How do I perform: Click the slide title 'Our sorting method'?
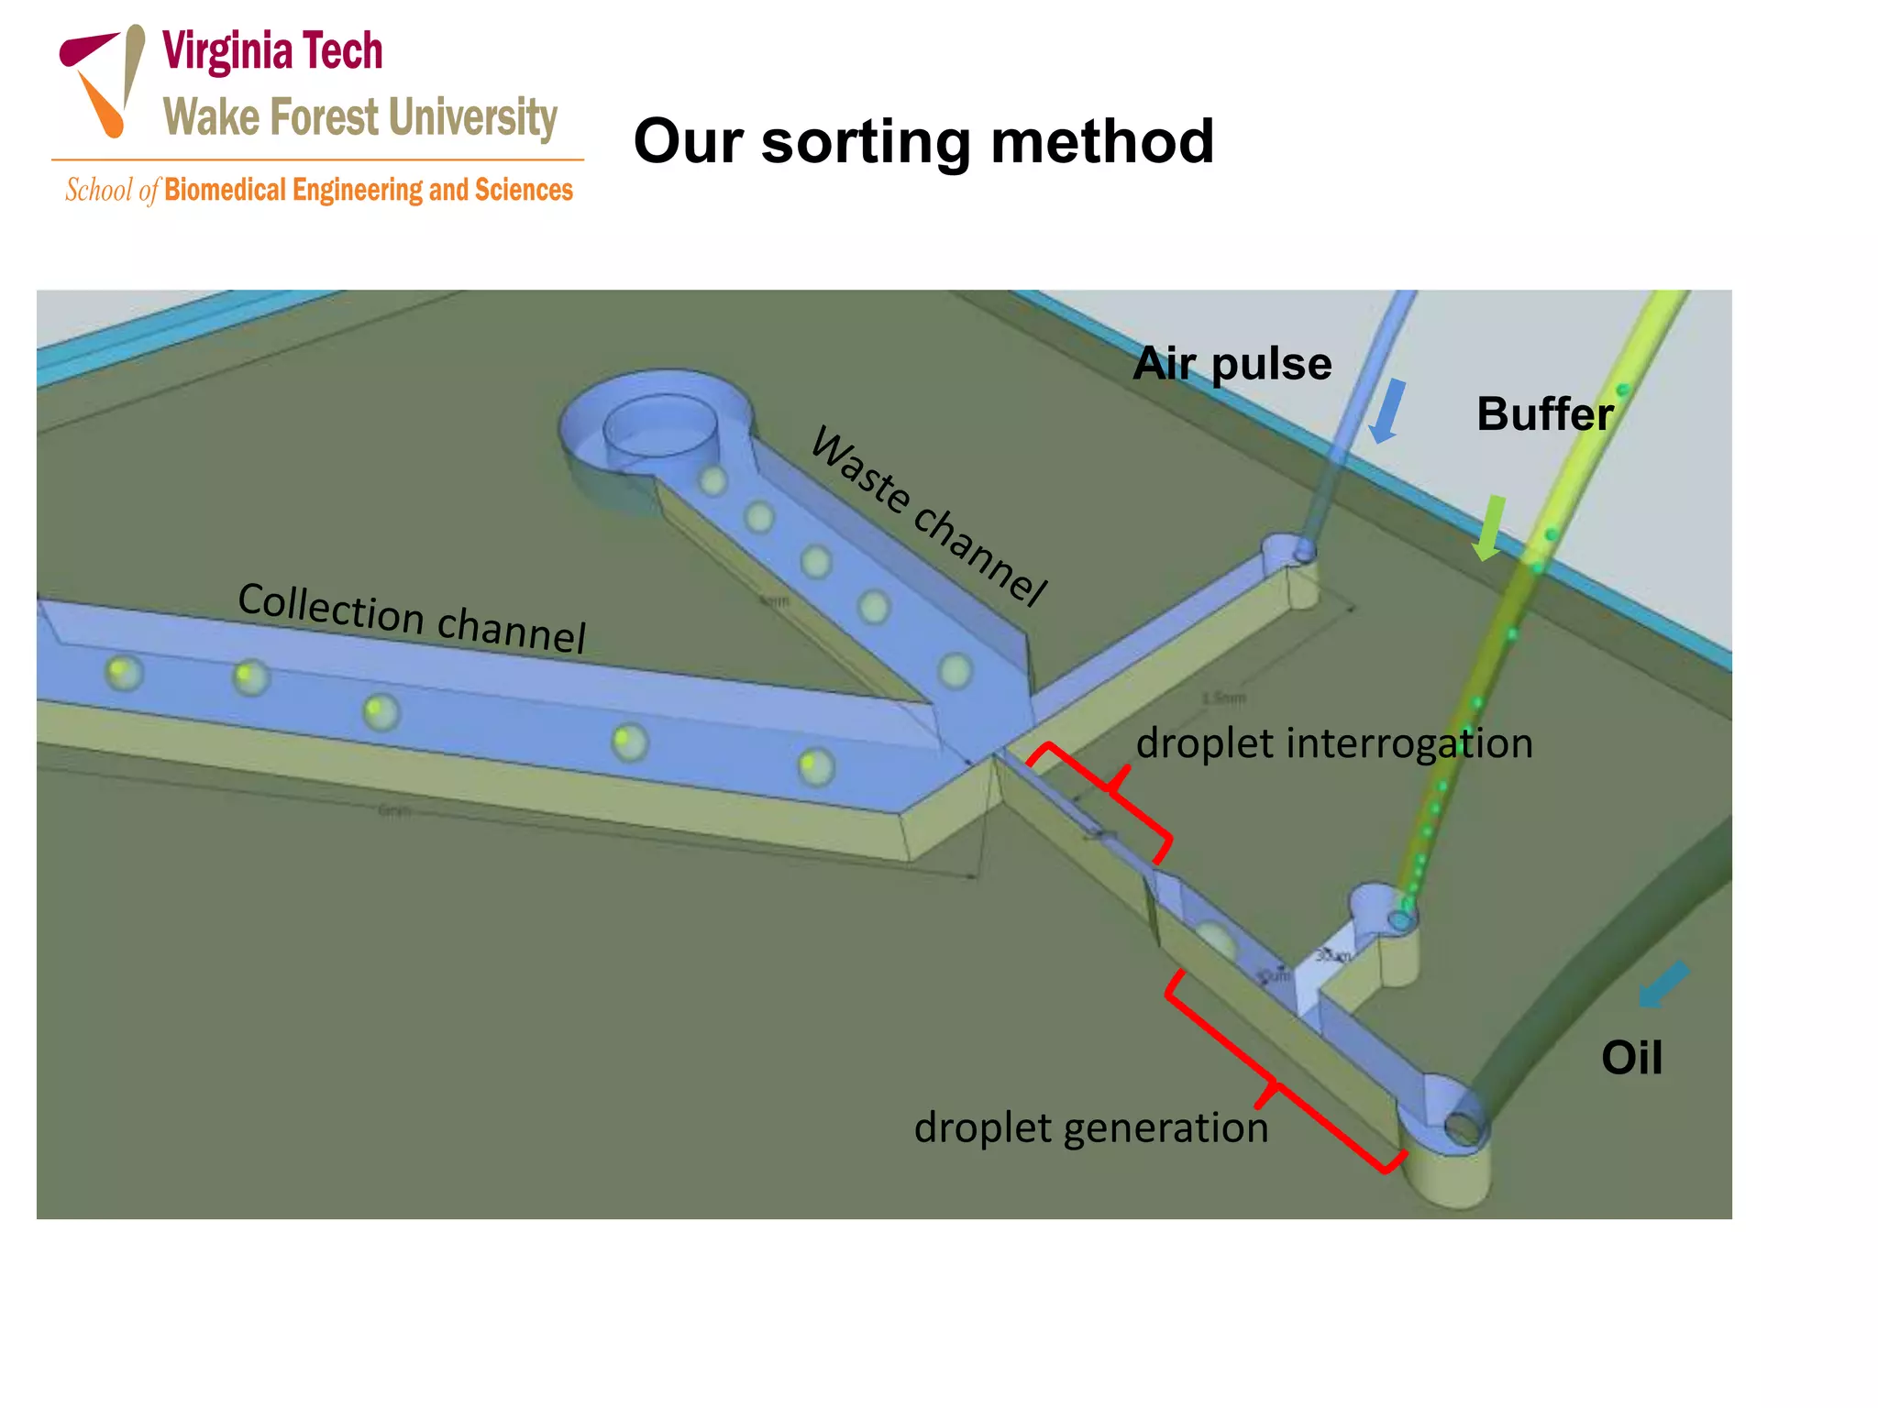[923, 142]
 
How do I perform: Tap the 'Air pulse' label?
[1232, 364]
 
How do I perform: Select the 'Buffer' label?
[1544, 414]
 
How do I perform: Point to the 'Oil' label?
[1631, 1058]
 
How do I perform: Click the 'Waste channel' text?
[928, 515]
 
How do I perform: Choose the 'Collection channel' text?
[412, 617]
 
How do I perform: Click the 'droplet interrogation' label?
[1334, 743]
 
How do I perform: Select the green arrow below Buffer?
[1489, 528]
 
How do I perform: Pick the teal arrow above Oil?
[1662, 984]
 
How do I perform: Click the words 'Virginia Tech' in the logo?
[272, 51]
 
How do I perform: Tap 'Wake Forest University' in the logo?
[360, 117]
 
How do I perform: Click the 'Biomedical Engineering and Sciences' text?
[369, 190]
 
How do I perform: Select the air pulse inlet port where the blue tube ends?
[1304, 552]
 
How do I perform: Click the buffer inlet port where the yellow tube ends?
[1400, 918]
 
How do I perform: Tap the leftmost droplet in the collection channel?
[123, 673]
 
